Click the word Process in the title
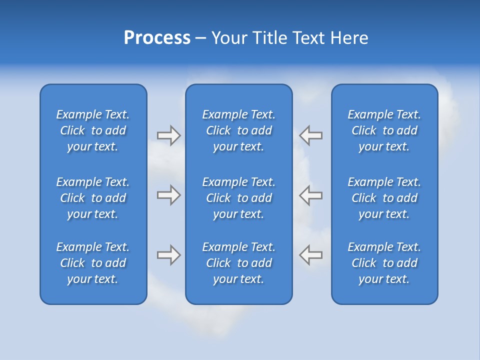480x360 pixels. tap(157, 38)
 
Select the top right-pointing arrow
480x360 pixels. tap(168, 135)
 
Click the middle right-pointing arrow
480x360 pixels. tap(168, 195)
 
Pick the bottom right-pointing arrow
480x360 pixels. tap(168, 255)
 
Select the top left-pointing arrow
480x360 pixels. tap(311, 135)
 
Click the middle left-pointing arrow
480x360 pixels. tap(311, 195)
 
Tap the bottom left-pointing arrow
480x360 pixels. tap(311, 255)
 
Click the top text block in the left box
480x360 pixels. tap(93, 130)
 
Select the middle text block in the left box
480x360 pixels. tap(93, 198)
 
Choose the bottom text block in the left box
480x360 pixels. tap(93, 263)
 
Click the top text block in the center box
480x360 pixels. tap(239, 130)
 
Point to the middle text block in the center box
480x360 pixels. tap(239, 198)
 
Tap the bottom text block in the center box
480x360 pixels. tap(239, 263)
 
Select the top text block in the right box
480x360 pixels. tap(384, 130)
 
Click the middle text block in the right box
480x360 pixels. tap(384, 198)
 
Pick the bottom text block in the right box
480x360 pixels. tap(384, 263)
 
